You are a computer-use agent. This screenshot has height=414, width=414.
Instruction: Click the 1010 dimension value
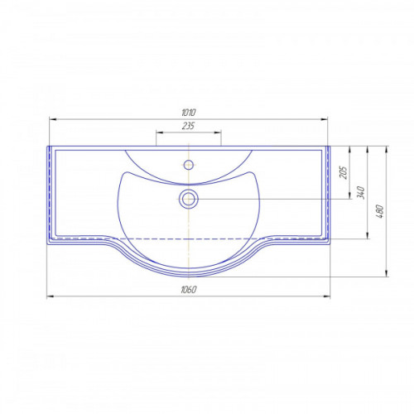tap(189, 113)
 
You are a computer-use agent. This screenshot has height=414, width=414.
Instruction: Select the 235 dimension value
tap(188, 126)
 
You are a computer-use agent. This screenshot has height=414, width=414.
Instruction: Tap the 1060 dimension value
tap(189, 290)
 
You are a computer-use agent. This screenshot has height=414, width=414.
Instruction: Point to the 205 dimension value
tap(344, 172)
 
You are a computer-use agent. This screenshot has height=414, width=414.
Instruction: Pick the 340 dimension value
tap(361, 192)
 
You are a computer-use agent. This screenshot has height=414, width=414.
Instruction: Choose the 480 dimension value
tap(380, 211)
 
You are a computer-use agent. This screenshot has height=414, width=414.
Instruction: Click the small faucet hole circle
tap(189, 165)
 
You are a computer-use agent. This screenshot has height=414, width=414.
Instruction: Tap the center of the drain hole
tap(189, 199)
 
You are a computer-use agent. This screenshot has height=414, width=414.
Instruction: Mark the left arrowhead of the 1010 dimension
tap(52, 119)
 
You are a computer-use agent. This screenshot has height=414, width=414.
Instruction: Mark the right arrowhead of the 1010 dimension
tap(324, 119)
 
